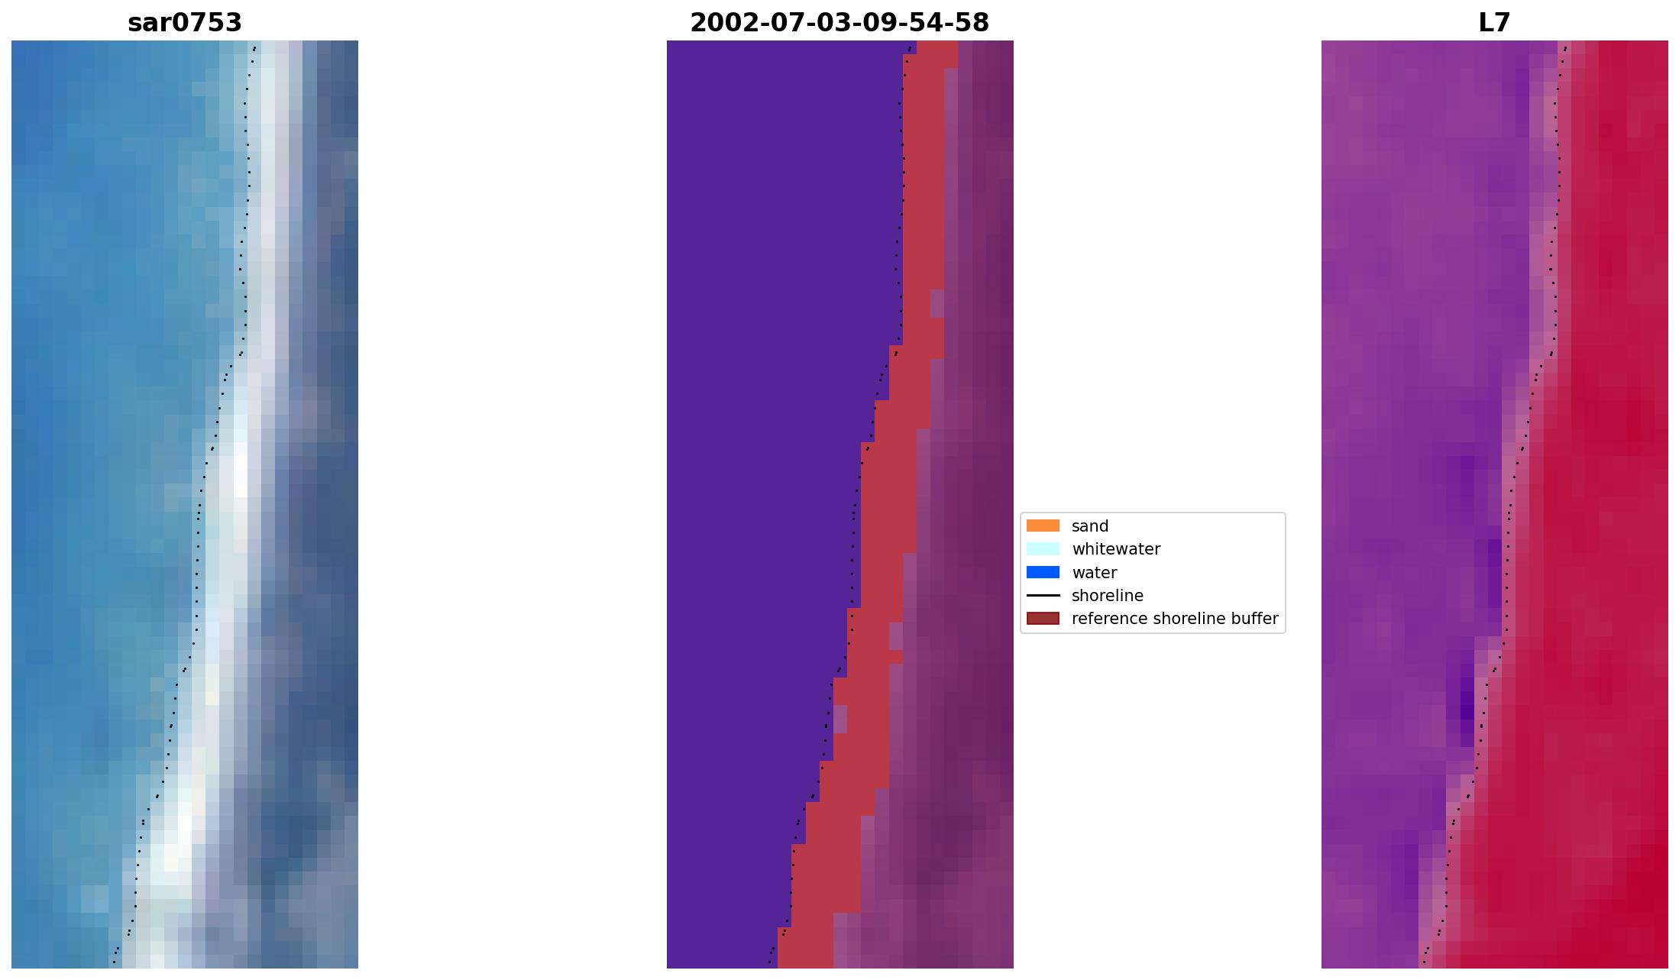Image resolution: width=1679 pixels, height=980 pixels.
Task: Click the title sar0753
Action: point(185,23)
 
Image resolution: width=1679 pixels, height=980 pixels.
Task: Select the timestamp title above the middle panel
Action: point(839,23)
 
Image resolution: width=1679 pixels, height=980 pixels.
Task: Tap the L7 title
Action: point(1494,23)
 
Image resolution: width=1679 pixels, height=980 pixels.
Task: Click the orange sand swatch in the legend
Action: point(1043,526)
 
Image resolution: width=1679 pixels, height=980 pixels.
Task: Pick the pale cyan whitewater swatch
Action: point(1043,548)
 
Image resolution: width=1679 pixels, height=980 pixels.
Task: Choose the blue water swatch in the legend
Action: point(1043,572)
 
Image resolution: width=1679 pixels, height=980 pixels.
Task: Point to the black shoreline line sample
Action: point(1043,595)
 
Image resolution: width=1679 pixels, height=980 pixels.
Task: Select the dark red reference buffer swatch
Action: point(1043,618)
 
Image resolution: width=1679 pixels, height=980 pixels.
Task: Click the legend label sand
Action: point(1090,526)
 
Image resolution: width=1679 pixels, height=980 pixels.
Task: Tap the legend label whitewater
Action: point(1116,549)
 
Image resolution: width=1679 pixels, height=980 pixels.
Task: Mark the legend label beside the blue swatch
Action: point(1094,573)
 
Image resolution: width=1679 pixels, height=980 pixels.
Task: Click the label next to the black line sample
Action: point(1108,596)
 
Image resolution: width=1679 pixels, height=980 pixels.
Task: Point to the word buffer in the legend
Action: point(1254,619)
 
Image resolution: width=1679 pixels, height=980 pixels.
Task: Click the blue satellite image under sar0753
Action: point(185,504)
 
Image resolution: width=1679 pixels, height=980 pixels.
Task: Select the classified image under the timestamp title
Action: point(839,504)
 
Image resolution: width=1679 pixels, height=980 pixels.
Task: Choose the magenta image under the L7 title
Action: point(1494,504)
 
